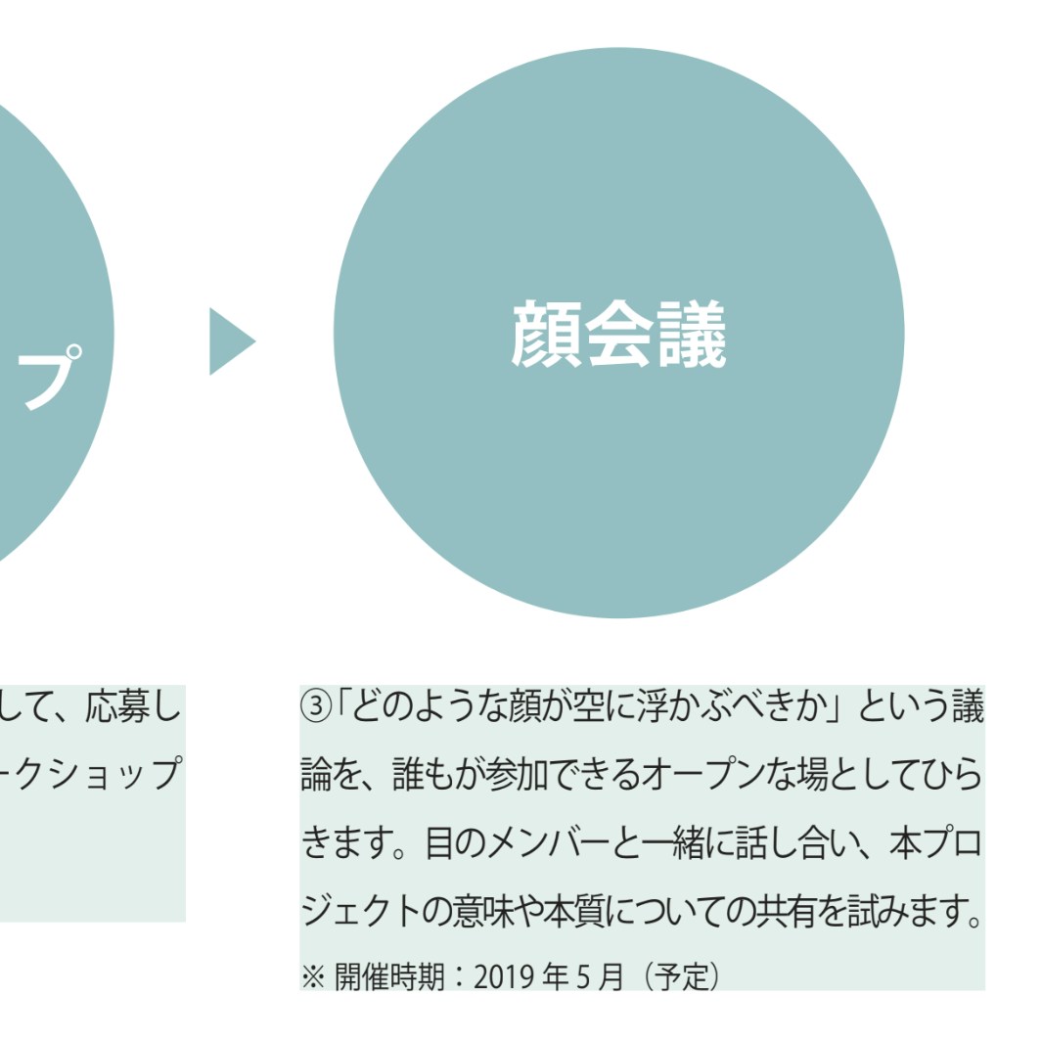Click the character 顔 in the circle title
coord(547,335)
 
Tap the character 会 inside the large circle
coord(618,335)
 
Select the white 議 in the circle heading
coord(691,335)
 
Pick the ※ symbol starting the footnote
coord(311,977)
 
